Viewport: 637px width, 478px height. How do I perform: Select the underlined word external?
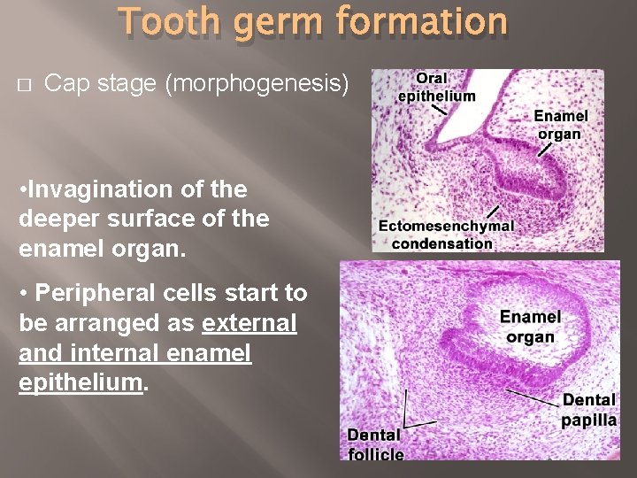tap(249, 323)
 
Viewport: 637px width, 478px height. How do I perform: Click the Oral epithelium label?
tap(436, 88)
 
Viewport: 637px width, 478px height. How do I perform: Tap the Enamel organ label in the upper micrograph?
tap(561, 125)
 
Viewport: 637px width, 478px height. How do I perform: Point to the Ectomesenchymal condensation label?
tap(445, 235)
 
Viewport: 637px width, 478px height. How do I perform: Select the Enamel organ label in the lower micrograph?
tap(530, 327)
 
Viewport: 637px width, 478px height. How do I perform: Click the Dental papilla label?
tap(588, 410)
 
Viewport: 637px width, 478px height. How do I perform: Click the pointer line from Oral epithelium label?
tap(439, 109)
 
